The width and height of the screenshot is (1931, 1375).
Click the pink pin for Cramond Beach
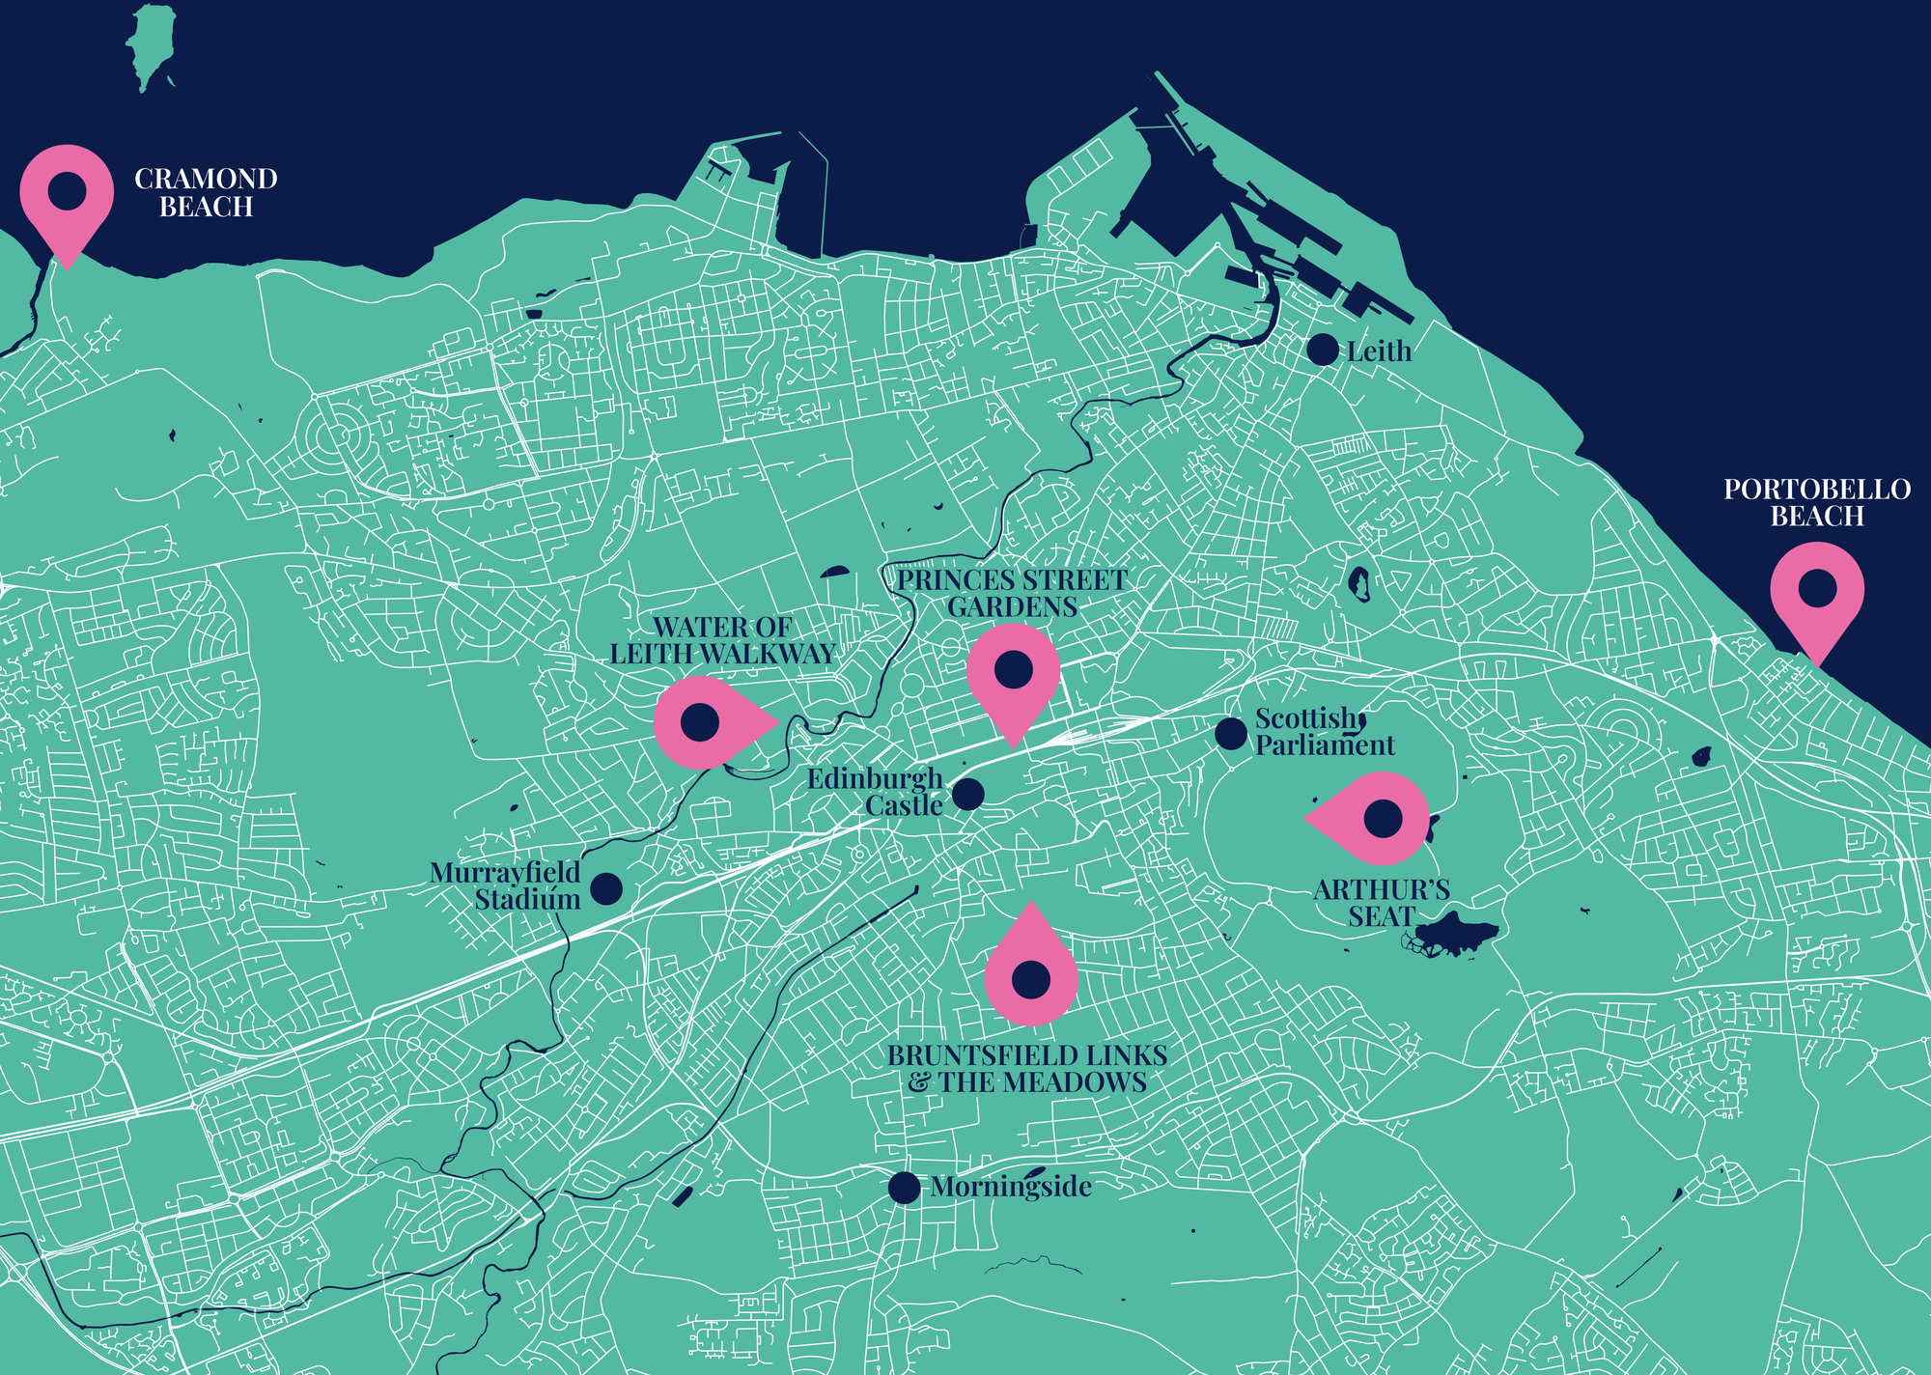click(67, 192)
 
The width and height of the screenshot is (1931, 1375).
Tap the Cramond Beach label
click(206, 192)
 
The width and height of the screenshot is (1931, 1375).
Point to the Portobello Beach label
click(1817, 502)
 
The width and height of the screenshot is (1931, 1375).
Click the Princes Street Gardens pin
click(1013, 670)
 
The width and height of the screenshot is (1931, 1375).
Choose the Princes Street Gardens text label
click(1012, 593)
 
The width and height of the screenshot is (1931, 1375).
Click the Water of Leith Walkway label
click(722, 640)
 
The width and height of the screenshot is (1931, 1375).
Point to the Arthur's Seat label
click(1382, 903)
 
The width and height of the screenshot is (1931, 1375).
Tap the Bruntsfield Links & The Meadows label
click(1027, 1069)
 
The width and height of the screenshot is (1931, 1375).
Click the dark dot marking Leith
click(1323, 350)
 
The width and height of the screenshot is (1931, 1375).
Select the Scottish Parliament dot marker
click(1230, 734)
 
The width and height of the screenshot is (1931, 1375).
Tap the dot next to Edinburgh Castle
click(968, 794)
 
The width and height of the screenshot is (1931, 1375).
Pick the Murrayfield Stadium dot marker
click(605, 888)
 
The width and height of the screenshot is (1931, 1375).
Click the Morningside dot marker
click(904, 1188)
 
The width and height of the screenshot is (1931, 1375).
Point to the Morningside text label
click(1011, 1187)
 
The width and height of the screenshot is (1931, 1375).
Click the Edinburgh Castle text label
click(876, 792)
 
